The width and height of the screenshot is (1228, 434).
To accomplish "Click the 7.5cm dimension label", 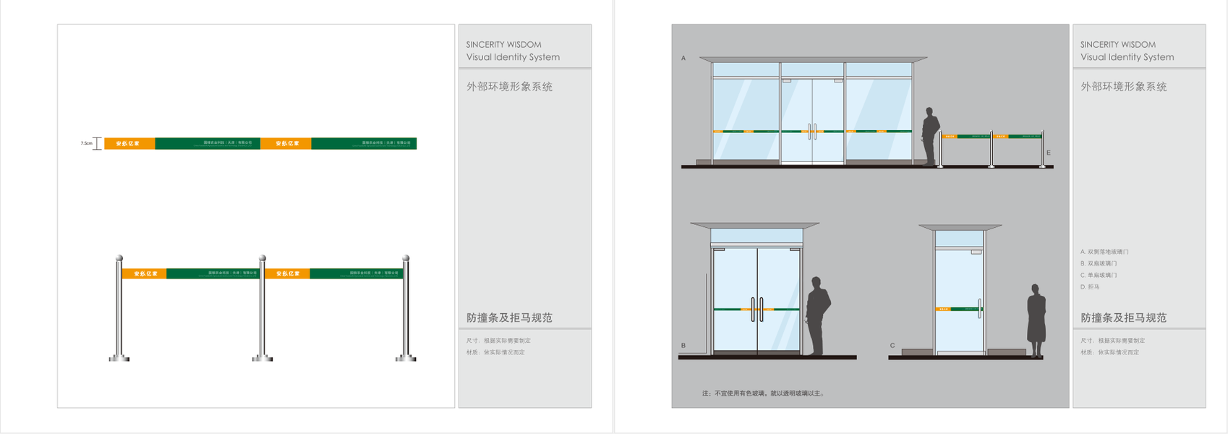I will (x=86, y=143).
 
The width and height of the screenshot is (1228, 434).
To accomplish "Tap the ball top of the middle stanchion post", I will (x=263, y=258).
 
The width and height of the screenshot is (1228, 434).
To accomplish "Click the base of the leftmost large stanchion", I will (x=119, y=357).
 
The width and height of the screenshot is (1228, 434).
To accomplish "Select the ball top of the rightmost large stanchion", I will (x=406, y=258).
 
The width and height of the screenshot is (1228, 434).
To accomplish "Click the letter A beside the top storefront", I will (x=683, y=58).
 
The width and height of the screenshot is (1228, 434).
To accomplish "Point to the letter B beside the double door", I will (x=683, y=345).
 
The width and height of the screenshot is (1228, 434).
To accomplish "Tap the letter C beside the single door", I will (x=892, y=345).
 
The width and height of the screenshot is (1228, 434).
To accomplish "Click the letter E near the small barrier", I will (x=1048, y=153).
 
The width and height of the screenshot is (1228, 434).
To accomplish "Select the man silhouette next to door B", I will (x=817, y=315).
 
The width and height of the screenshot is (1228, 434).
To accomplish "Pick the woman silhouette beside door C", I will (x=1036, y=320).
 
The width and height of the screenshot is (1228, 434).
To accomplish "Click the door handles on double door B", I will (x=757, y=310).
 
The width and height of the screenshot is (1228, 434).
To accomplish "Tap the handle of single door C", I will (x=980, y=308).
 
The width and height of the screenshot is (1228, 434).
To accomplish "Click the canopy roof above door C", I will (x=960, y=227).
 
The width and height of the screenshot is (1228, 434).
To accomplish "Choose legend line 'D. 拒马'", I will (x=1090, y=287).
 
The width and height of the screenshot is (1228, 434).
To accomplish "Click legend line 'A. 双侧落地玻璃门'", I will (x=1104, y=252).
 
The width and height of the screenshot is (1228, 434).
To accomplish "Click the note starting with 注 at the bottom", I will (x=763, y=393).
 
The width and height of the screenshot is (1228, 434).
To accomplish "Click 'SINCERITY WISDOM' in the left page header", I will (x=503, y=45).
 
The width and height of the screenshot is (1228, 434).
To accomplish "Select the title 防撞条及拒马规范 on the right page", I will (x=1123, y=318).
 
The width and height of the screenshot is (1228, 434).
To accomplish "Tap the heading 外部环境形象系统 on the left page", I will (x=509, y=87).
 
